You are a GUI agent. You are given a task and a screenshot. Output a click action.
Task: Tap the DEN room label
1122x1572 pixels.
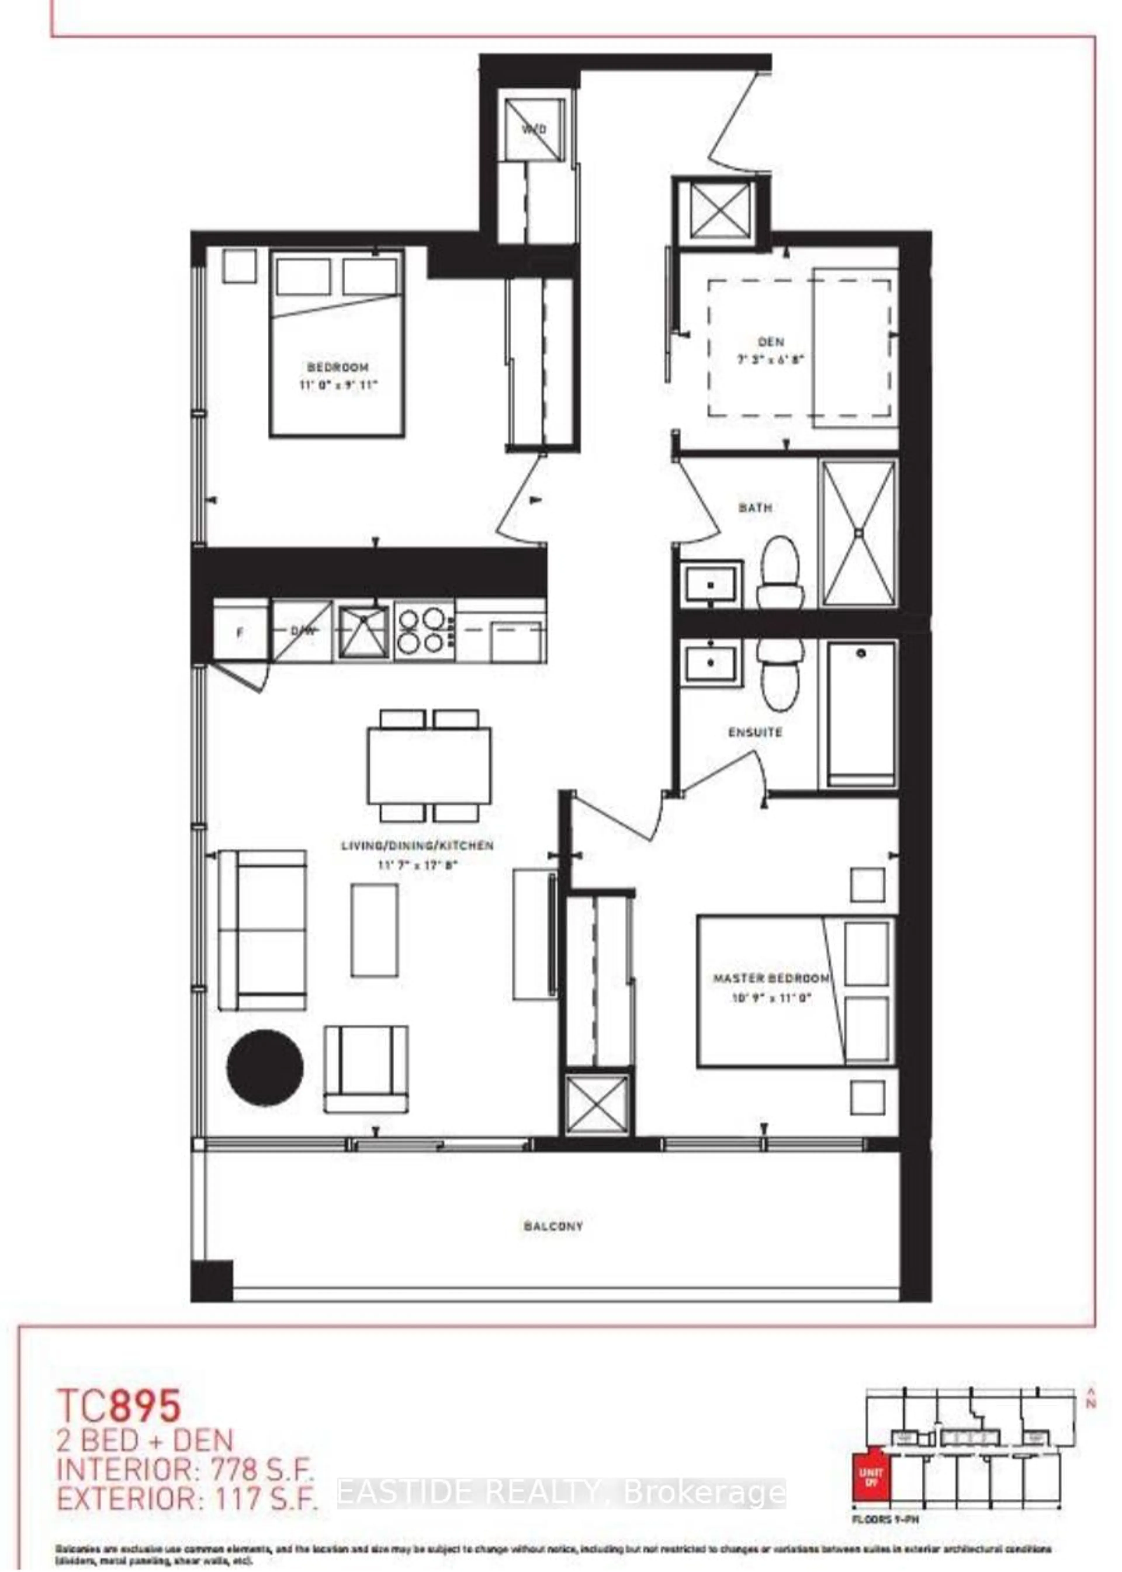pyautogui.click(x=770, y=342)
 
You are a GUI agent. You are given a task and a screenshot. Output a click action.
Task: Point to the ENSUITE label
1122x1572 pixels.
pyautogui.click(x=755, y=732)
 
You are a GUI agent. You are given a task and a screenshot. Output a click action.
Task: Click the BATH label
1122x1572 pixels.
pyautogui.click(x=755, y=508)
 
